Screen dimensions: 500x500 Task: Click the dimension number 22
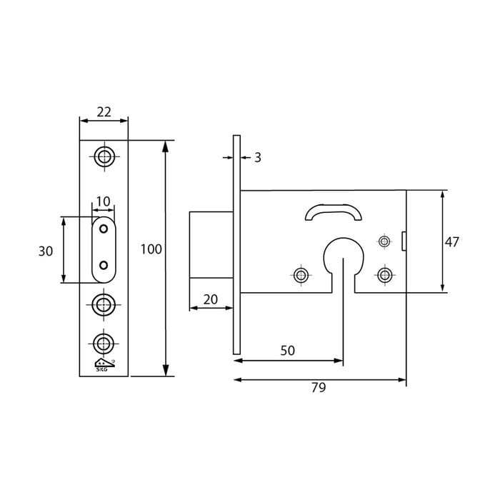104,111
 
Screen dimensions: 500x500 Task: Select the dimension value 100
151,249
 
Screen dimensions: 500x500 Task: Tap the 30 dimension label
46,251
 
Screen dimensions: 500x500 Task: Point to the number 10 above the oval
104,202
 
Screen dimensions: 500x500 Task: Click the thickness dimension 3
257,158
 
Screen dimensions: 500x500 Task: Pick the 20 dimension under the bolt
210,299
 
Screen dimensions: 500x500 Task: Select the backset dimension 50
287,351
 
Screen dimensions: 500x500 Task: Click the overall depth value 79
319,387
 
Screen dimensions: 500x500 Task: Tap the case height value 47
451,242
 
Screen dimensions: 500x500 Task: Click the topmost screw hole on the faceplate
104,156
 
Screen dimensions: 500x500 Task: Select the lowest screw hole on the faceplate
104,344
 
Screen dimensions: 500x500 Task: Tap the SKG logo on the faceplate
104,365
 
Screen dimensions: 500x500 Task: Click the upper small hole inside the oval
104,229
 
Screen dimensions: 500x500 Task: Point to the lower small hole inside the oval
104,265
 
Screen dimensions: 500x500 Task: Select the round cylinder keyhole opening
343,256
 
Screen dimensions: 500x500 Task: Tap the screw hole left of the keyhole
301,275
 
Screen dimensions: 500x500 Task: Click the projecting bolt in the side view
211,244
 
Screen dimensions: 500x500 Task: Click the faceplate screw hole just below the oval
104,306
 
